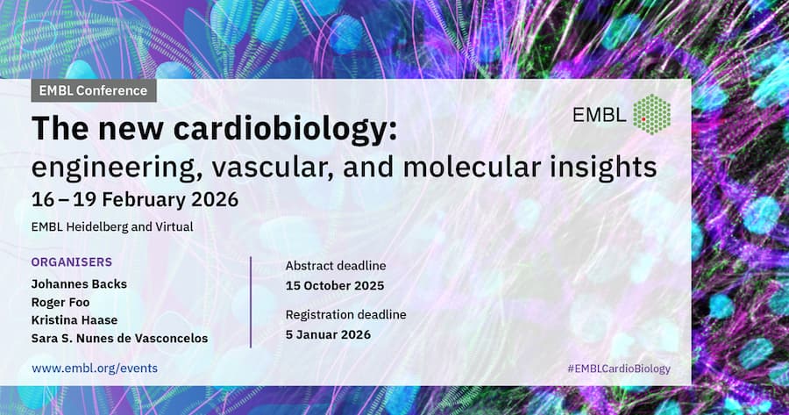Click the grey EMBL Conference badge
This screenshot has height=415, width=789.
coord(94,90)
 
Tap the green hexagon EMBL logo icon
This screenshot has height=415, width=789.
coord(651,114)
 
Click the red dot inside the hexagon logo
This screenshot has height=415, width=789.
coord(643,119)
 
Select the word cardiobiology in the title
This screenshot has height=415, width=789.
coord(285,128)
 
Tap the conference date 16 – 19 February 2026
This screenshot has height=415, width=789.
coord(135,200)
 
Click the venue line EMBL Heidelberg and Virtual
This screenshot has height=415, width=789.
coord(112,227)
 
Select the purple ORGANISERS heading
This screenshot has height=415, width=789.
coord(72,261)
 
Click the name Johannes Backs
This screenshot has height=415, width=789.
coord(79,284)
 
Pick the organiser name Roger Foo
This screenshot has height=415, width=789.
coord(60,302)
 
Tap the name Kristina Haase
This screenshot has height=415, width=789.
coord(75,320)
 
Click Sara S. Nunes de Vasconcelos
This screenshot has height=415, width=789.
coord(120,339)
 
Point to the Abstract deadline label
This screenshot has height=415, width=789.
coord(336,266)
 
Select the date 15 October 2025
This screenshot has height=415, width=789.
coord(335,285)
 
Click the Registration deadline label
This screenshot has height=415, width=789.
coord(345,315)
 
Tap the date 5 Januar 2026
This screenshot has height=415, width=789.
coord(328,334)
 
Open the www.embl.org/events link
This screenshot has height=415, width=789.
coord(95,368)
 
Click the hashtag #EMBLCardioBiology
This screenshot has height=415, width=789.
coord(619,368)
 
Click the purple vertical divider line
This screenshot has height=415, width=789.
coord(251,302)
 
